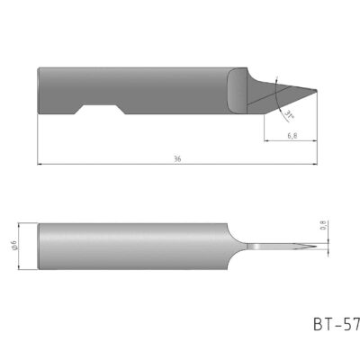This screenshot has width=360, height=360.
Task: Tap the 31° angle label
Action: (x=289, y=114)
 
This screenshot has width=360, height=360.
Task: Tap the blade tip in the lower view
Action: (x=317, y=246)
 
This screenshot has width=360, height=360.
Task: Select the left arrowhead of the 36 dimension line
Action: (x=40, y=166)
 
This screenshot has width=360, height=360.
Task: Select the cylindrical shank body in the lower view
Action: (x=135, y=246)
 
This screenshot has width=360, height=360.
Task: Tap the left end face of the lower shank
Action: (x=40, y=246)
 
